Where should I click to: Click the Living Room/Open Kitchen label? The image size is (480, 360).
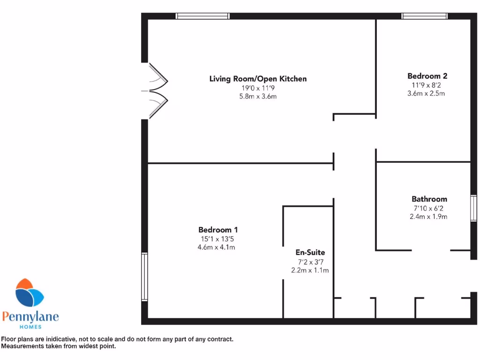[x=258, y=79]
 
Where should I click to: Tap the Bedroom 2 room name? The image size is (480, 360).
[x=427, y=76]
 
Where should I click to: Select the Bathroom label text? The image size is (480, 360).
[x=429, y=199]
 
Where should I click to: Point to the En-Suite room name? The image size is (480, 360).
[x=310, y=253]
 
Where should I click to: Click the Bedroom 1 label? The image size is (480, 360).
[x=218, y=230]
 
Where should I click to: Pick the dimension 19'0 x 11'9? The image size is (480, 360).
[x=258, y=88]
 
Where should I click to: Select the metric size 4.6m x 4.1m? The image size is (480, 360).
[x=217, y=247]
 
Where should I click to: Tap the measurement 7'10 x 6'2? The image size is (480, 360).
[x=429, y=208]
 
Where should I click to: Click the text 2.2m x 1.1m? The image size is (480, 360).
[x=310, y=270]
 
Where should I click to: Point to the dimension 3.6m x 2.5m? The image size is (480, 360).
[x=426, y=93]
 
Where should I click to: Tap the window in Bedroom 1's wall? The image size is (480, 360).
[x=144, y=277]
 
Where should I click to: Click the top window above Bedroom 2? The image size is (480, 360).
[x=425, y=16]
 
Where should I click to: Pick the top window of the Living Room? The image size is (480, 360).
[x=202, y=16]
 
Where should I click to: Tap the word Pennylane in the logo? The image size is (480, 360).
[x=30, y=317]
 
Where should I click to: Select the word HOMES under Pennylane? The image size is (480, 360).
[x=30, y=327]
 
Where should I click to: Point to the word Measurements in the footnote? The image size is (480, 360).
[x=22, y=346]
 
